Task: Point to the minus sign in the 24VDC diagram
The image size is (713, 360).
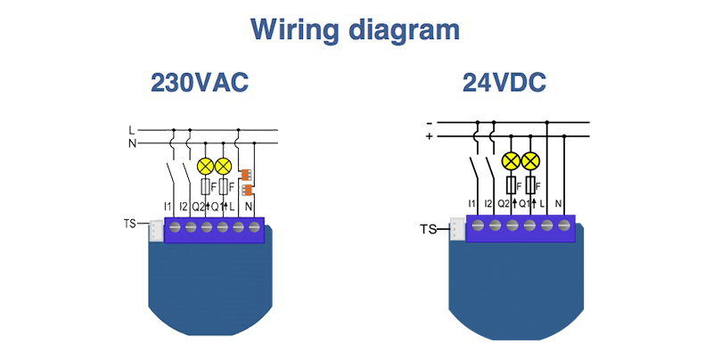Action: click(x=430, y=123)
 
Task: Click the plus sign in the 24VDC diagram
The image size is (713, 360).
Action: click(x=430, y=136)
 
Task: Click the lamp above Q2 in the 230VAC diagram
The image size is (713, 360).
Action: click(x=204, y=167)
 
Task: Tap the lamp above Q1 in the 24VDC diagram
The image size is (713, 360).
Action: click(x=530, y=161)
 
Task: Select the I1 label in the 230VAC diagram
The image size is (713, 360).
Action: click(x=168, y=206)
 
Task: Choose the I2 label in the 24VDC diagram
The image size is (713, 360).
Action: click(x=488, y=204)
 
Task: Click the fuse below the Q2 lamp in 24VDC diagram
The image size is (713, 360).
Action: click(x=512, y=185)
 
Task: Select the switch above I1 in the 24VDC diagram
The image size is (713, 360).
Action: click(x=471, y=167)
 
